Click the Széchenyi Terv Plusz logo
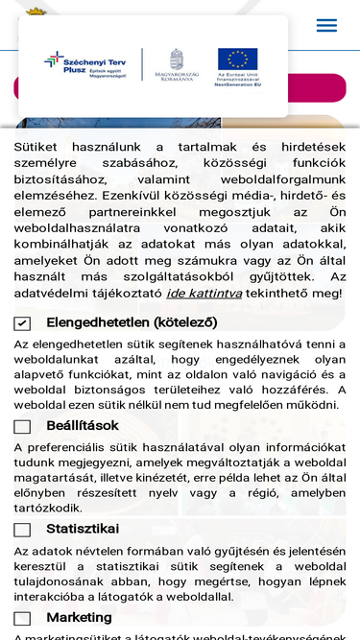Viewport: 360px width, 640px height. (x=87, y=64)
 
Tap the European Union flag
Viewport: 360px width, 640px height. (x=237, y=60)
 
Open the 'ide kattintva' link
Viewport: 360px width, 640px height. (x=190, y=293)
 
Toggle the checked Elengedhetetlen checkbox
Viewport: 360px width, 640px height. (x=22, y=323)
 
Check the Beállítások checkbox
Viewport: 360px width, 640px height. (x=22, y=426)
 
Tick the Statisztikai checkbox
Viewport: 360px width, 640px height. (x=22, y=530)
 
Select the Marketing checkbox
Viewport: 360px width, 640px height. (x=22, y=618)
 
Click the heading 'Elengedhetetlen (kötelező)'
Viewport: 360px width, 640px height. (x=132, y=322)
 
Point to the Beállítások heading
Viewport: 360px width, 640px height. (x=83, y=425)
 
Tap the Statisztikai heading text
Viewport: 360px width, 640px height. (x=83, y=529)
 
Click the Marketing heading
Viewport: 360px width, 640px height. (x=79, y=617)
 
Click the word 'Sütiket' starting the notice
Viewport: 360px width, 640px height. (x=36, y=147)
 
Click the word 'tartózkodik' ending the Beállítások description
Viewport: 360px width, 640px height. (x=47, y=508)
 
